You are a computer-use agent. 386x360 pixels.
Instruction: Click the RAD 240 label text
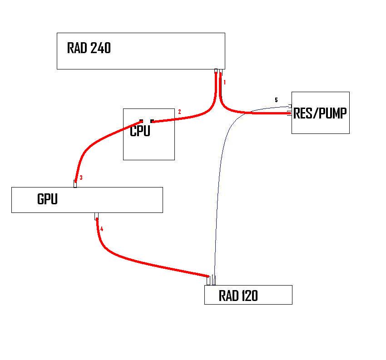pyautogui.click(x=89, y=48)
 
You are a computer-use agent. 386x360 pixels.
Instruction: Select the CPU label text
pyautogui.click(x=140, y=131)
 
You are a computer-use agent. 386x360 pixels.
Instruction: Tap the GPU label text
pyautogui.click(x=47, y=199)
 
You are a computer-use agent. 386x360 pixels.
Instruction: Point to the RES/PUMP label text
pyautogui.click(x=320, y=113)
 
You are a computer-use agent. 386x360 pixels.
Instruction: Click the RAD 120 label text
pyautogui.click(x=238, y=296)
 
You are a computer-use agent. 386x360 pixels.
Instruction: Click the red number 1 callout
pyautogui.click(x=224, y=82)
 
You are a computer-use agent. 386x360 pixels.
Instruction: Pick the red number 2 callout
pyautogui.click(x=179, y=112)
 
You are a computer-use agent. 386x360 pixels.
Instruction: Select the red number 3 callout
pyautogui.click(x=81, y=178)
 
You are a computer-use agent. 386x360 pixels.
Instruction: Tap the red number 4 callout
pyautogui.click(x=102, y=229)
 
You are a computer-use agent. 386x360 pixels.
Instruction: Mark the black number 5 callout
pyautogui.click(x=276, y=100)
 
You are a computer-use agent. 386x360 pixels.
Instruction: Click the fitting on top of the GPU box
pyautogui.click(x=75, y=183)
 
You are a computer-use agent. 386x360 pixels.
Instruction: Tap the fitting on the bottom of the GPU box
pyautogui.click(x=96, y=216)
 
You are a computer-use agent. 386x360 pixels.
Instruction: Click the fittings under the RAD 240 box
pyautogui.click(x=218, y=71)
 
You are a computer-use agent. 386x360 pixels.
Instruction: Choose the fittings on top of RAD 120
pyautogui.click(x=211, y=280)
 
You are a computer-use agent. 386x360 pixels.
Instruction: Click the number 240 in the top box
pyautogui.click(x=100, y=48)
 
